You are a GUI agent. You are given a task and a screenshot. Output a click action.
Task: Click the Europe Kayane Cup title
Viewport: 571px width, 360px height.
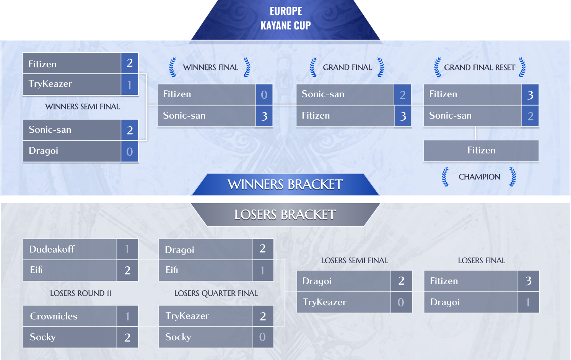285,18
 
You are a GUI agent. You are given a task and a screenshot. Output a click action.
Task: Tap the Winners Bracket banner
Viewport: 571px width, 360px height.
285,184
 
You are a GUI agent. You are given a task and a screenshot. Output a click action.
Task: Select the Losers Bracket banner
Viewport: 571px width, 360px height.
285,214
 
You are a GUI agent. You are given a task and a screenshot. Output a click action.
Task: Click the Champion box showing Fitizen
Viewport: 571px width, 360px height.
481,150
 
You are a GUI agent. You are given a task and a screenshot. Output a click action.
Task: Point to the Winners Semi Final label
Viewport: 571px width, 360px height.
82,107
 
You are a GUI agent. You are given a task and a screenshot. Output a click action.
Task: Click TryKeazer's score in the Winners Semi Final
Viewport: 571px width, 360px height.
130,85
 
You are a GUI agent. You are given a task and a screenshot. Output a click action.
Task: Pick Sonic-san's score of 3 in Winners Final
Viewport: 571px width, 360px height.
264,116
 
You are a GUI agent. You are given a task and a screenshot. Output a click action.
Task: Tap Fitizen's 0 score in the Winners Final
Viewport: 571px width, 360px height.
264,94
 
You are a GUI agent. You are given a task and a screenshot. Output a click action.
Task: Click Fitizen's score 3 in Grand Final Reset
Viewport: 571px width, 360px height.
530,94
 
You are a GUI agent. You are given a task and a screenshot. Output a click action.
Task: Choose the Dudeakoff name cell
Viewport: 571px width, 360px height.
70,249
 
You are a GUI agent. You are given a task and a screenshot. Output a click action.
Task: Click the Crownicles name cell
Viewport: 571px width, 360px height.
70,316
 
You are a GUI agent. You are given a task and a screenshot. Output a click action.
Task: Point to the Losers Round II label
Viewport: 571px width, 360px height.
81,293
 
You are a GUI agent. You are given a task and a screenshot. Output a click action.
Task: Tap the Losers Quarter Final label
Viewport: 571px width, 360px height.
216,293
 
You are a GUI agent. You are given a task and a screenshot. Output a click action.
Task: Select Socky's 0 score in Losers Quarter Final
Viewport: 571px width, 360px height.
263,337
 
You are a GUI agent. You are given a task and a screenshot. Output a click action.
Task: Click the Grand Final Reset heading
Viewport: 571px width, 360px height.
480,67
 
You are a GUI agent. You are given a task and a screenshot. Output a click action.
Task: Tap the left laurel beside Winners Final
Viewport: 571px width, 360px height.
172,67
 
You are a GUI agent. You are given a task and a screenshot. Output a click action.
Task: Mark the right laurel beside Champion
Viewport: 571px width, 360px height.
512,177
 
